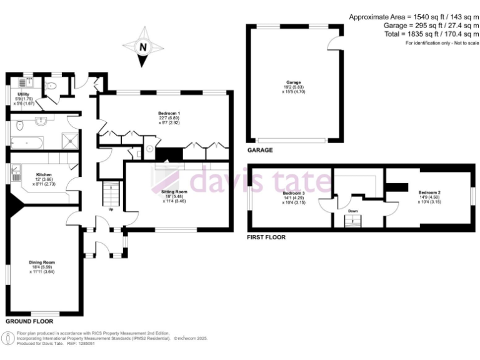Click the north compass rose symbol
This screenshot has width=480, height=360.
pos(143,46)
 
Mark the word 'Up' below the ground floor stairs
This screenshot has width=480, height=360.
pos(111,209)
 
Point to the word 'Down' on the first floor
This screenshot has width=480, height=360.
pos(353,211)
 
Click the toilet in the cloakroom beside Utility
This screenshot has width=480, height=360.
pos(52,86)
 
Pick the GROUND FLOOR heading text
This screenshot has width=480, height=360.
pos(26,321)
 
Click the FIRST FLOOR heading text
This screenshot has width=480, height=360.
pos(266,237)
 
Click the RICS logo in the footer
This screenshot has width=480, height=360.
pos(8,338)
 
